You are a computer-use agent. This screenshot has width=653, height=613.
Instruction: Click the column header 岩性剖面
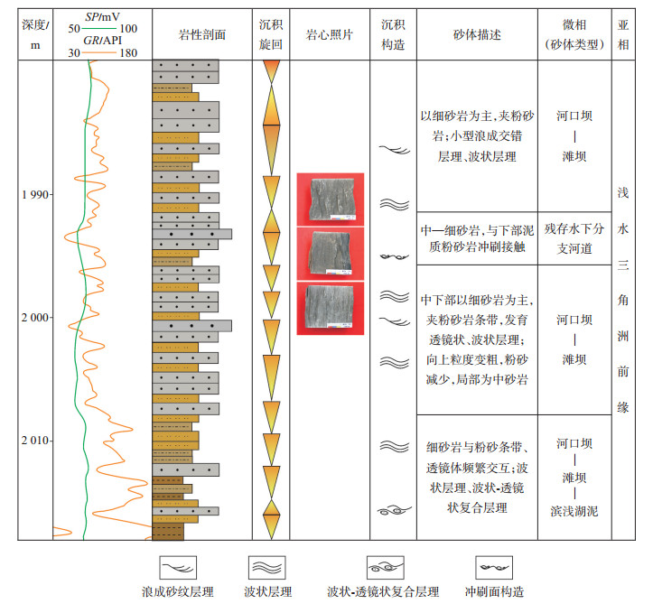202,34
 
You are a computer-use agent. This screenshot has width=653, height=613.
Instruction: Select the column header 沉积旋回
271,34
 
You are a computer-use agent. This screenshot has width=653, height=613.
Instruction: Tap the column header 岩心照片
329,34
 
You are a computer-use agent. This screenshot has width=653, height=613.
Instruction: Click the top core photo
330,199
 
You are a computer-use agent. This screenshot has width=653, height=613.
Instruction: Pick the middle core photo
330,252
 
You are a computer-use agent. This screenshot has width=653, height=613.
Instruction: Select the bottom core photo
330,307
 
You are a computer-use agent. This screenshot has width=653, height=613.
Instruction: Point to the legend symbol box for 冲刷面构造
494,568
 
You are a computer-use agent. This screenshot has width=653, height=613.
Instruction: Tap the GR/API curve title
103,41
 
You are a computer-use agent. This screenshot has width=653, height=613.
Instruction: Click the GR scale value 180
127,52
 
